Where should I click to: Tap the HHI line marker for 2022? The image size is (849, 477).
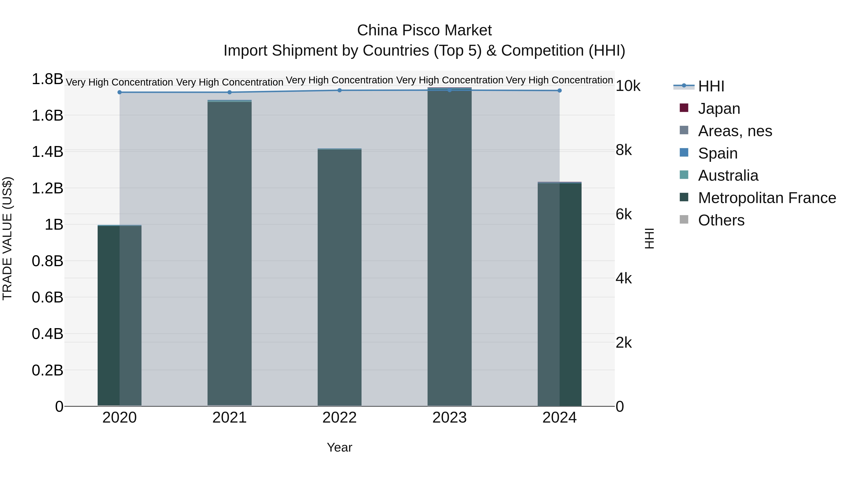point(339,90)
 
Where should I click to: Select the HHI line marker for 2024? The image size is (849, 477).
point(559,90)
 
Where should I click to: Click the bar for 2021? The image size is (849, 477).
point(229,253)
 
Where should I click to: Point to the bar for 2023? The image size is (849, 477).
point(449,247)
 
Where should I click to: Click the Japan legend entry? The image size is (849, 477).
point(719,109)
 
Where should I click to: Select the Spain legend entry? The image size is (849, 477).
point(717,153)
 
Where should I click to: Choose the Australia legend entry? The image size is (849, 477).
point(728,175)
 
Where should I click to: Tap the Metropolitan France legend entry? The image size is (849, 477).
point(767,198)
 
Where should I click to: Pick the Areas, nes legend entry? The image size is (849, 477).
point(735,131)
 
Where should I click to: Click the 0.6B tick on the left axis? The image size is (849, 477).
point(47,298)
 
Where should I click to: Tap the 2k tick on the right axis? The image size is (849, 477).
point(624,343)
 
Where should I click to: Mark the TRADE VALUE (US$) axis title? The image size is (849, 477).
point(7,238)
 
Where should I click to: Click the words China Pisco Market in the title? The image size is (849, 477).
point(424,30)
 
